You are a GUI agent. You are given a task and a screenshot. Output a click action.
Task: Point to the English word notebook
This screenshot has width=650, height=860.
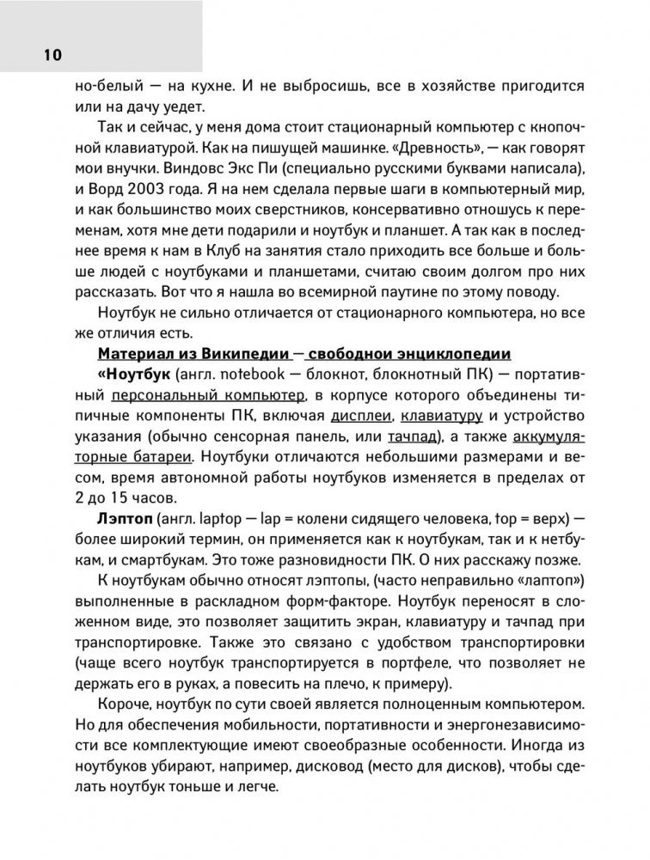(x=254, y=375)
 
